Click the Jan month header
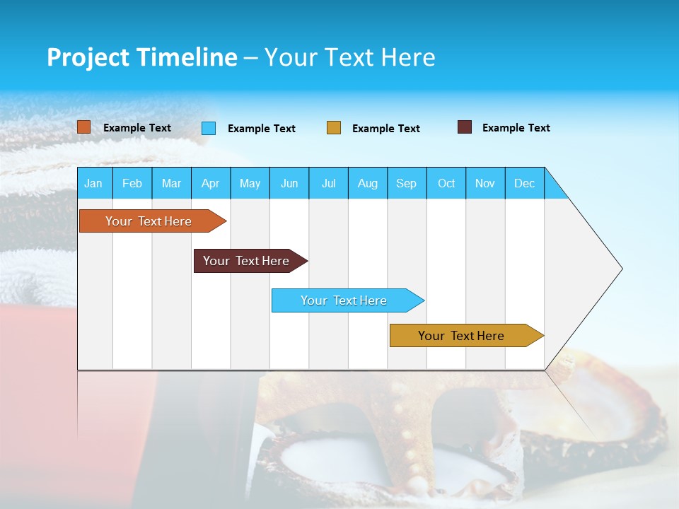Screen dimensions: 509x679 tap(93, 183)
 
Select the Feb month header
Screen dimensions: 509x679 tap(132, 183)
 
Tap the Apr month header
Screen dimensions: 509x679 tap(210, 183)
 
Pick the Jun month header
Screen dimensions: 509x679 tap(289, 183)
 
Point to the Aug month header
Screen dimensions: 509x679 tap(368, 183)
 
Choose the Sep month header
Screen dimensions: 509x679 tap(407, 183)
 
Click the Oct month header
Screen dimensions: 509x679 tap(446, 183)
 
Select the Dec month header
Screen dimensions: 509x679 tap(525, 183)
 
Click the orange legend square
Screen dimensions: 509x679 tap(84, 127)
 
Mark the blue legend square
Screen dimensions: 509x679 tap(209, 128)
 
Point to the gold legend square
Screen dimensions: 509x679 tap(334, 128)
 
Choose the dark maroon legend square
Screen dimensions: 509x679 tap(465, 127)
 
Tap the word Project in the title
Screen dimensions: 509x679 tap(88, 57)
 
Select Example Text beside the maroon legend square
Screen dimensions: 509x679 tap(516, 128)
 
